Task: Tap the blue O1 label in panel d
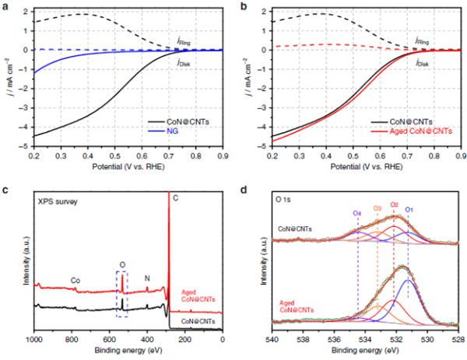[408, 208]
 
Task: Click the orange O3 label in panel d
[377, 208]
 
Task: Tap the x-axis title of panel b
[364, 167]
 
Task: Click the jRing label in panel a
[184, 39]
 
